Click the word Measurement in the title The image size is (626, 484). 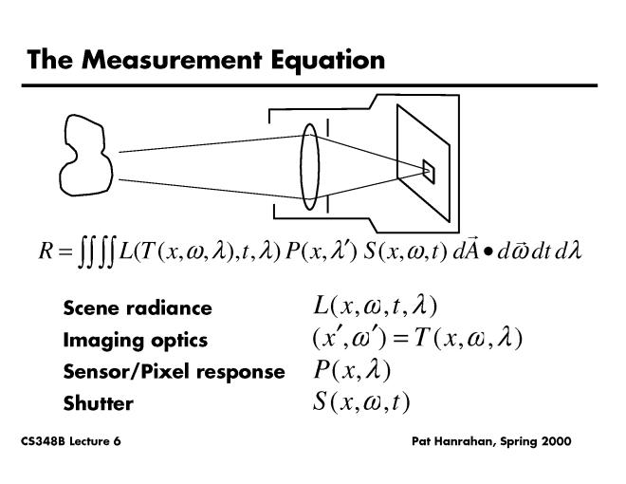(x=172, y=60)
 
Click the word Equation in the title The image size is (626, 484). (x=328, y=62)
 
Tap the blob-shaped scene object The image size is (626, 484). (x=85, y=156)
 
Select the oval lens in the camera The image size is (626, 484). (x=310, y=166)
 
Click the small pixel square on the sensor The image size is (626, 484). (x=429, y=172)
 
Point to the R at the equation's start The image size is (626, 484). (x=46, y=251)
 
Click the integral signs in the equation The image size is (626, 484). (x=97, y=251)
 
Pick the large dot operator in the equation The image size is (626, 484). (x=488, y=252)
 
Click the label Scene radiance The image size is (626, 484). (x=138, y=307)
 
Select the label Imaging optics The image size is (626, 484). (x=136, y=341)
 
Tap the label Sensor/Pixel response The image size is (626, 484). (x=175, y=372)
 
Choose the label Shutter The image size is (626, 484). (x=99, y=403)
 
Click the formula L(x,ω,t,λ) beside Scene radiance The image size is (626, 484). (x=375, y=307)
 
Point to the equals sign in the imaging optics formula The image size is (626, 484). (x=400, y=339)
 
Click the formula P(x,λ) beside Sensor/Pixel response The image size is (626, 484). (x=352, y=370)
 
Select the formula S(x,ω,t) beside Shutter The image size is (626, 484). (x=361, y=401)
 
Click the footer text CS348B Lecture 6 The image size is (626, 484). (x=71, y=441)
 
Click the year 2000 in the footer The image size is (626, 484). (x=557, y=441)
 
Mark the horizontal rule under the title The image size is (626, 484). (x=309, y=85)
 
